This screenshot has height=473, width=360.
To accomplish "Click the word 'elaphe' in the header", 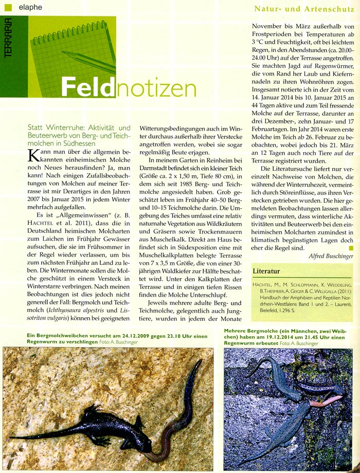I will click(x=30, y=7).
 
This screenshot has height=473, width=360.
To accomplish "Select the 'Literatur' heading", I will click(x=266, y=270).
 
